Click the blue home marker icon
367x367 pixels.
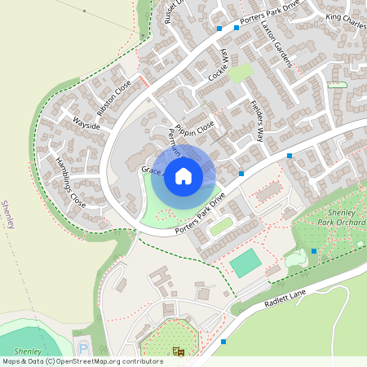point(183,176)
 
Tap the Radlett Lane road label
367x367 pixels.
point(285,303)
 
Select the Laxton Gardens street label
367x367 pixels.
point(275,42)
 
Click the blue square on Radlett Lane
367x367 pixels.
point(223,342)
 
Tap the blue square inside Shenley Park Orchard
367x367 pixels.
point(314,251)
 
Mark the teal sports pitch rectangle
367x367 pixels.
point(244,263)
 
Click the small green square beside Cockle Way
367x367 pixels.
point(239,73)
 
